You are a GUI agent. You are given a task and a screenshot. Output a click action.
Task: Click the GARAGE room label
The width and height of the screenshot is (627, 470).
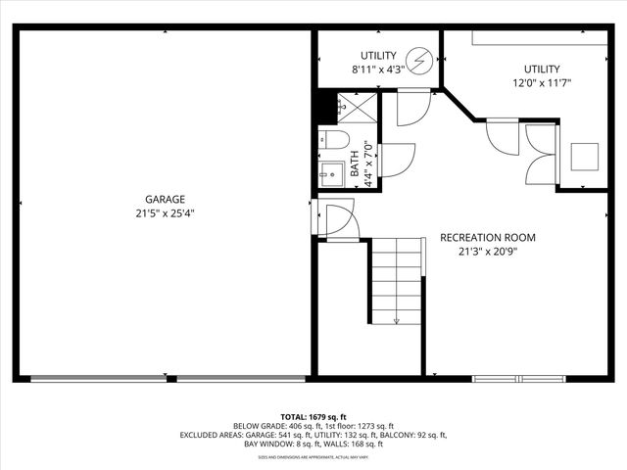(165, 199)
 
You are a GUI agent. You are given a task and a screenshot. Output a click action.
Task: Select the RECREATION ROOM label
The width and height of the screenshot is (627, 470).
(487, 238)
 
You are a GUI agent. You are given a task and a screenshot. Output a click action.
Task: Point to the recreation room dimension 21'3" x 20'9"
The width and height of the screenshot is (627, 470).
(487, 252)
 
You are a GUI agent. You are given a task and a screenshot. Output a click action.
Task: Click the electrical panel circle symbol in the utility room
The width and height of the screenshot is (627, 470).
(420, 62)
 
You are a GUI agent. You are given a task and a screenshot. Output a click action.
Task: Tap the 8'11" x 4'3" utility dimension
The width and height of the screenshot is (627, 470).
(377, 70)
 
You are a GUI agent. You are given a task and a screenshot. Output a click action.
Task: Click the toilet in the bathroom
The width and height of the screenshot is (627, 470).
(329, 139)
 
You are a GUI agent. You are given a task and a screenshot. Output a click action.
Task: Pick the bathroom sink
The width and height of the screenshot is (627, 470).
(330, 170)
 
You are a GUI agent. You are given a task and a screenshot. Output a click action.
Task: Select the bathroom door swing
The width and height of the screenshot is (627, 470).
(394, 160)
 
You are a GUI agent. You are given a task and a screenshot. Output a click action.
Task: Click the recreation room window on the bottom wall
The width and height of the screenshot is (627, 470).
(519, 378)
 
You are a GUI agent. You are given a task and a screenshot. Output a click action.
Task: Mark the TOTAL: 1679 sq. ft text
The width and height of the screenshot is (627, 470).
(313, 416)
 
